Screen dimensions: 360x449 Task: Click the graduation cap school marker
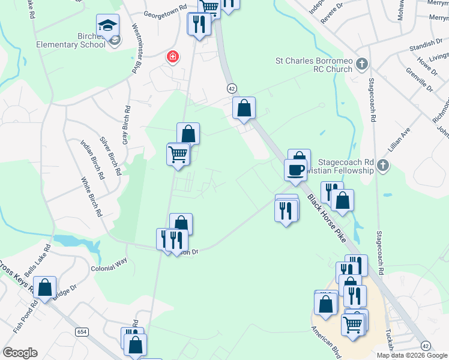click(108, 25)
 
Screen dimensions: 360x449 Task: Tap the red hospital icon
click(173, 57)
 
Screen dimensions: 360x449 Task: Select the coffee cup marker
click(295, 169)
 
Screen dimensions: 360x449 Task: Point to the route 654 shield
click(83, 332)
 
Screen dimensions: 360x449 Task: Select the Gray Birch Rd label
click(126, 125)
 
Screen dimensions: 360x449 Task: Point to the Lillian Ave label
click(402, 138)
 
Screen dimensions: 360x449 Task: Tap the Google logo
click(20, 353)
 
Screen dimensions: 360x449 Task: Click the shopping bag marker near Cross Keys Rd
click(45, 288)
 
